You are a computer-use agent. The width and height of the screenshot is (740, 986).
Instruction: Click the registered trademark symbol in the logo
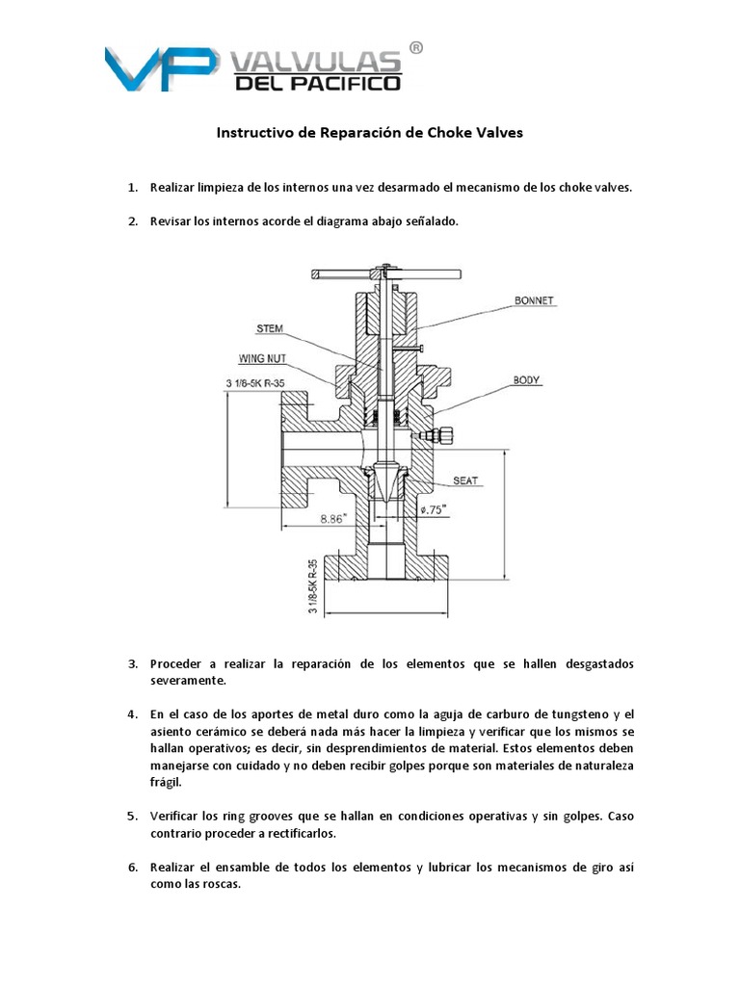click(416, 47)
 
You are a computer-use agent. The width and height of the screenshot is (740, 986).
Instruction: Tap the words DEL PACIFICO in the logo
click(317, 86)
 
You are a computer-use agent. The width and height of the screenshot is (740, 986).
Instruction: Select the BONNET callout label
click(535, 300)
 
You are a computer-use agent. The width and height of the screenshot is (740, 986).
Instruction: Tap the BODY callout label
click(528, 379)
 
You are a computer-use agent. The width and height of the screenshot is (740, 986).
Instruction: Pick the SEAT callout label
click(465, 480)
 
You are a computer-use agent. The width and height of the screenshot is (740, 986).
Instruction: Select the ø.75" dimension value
click(435, 511)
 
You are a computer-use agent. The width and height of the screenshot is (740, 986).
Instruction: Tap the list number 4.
click(133, 714)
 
